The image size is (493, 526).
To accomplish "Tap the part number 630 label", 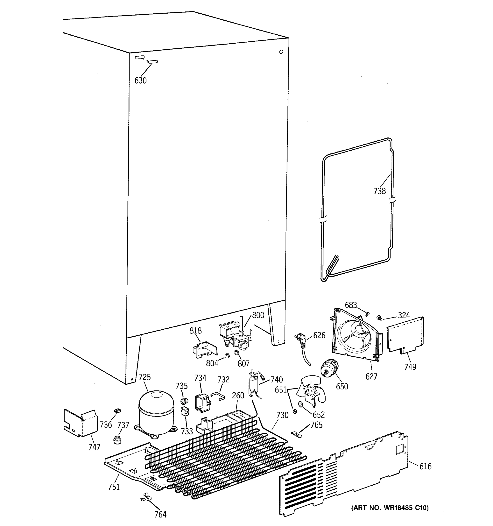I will point(140,80).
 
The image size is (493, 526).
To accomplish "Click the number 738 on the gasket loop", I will point(380,191).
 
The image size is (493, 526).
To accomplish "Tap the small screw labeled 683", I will point(367,314).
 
